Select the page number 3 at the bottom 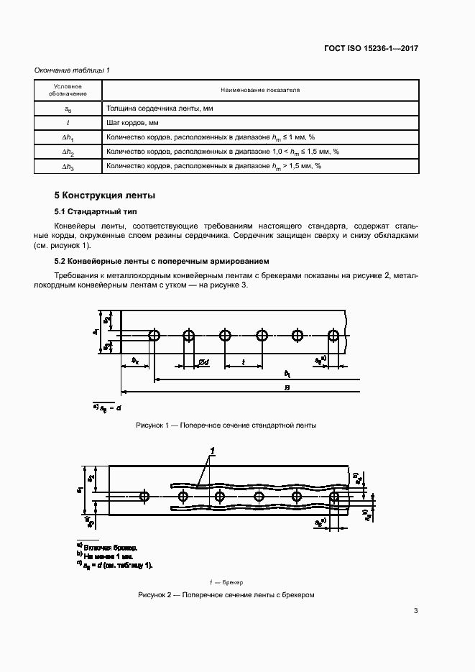coord(416,611)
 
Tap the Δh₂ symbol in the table coord(68,152)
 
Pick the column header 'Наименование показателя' coord(260,90)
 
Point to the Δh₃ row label coord(68,167)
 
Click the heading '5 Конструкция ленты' coord(105,195)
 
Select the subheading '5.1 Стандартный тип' coord(96,213)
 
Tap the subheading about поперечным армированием coord(162,261)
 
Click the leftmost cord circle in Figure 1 coord(154,336)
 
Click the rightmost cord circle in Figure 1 coord(333,336)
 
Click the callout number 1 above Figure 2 coord(212,451)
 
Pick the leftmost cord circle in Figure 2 coord(145,496)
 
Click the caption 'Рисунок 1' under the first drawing coord(226,425)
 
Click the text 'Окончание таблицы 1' coord(72,70)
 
